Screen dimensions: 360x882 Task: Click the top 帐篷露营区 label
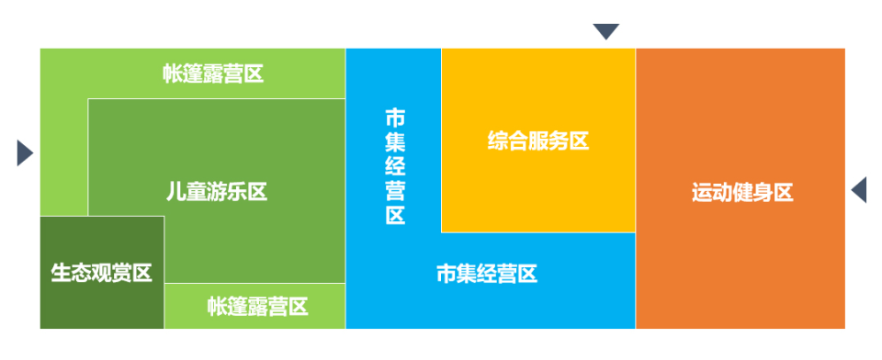pyautogui.click(x=213, y=74)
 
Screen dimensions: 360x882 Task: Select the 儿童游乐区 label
pyautogui.click(x=217, y=192)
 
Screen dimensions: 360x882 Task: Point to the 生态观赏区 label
pyautogui.click(x=101, y=273)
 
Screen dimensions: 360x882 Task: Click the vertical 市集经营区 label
pyautogui.click(x=395, y=166)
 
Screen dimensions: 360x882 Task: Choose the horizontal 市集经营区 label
pyautogui.click(x=486, y=274)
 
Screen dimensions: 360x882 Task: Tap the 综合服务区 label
pyautogui.click(x=538, y=141)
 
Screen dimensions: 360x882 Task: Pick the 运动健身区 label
pyautogui.click(x=742, y=193)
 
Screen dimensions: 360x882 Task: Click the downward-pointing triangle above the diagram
pyautogui.click(x=605, y=32)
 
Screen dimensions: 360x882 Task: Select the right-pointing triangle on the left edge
pyautogui.click(x=24, y=152)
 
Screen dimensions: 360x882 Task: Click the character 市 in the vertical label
pyautogui.click(x=395, y=117)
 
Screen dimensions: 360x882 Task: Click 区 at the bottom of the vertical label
pyautogui.click(x=395, y=216)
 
